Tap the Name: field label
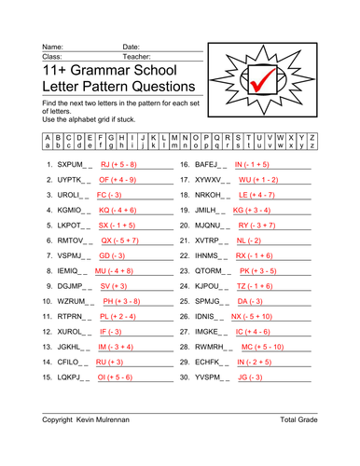click(52, 46)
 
